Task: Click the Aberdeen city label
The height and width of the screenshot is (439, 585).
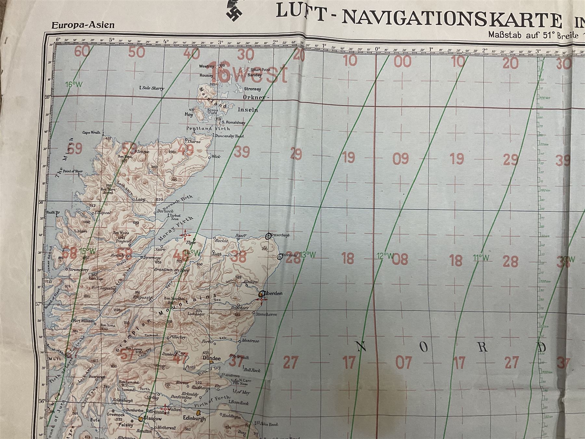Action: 274,293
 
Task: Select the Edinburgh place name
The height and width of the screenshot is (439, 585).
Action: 194,419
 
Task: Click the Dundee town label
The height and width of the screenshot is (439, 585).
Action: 212,358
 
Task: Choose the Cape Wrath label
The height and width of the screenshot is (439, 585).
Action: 91,133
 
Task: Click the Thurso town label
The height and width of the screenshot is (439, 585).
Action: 194,142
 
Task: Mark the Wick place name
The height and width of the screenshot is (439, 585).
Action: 216,156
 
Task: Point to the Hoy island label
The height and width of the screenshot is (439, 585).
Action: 189,114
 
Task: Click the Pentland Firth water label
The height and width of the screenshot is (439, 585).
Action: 208,129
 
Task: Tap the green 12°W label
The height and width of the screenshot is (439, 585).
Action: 385,256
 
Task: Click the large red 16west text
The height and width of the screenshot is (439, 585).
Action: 249,72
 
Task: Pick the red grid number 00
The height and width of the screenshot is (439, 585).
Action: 402,61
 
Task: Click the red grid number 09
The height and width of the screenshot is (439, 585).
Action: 401,158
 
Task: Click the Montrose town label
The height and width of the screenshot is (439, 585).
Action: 250,341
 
